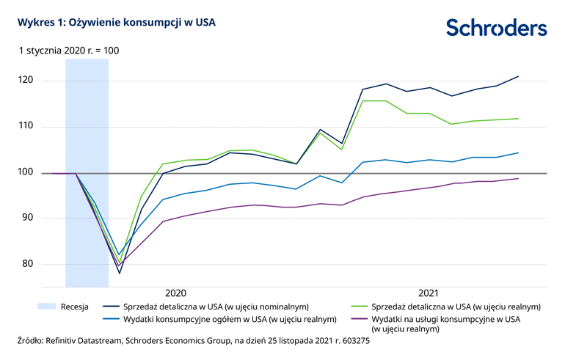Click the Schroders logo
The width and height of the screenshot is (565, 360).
(496, 28)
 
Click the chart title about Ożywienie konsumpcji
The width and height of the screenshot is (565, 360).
(111, 23)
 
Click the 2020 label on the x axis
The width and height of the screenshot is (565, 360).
(176, 292)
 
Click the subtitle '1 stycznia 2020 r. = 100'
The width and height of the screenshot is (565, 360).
(68, 51)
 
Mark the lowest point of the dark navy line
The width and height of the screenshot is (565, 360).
(119, 273)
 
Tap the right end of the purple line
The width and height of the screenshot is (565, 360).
(519, 178)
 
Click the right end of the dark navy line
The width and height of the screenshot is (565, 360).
(519, 76)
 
